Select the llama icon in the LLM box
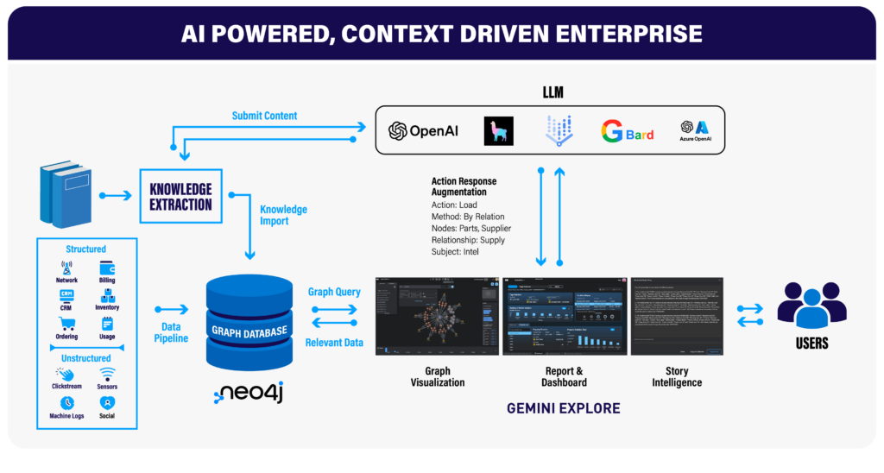[x=498, y=130]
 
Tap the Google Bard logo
[x=627, y=131]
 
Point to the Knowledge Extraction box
[x=180, y=197]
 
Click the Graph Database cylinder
[x=249, y=319]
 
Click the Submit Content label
[x=264, y=116]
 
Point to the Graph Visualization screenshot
[x=437, y=316]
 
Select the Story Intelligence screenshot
[x=677, y=316]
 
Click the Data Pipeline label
[x=171, y=332]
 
